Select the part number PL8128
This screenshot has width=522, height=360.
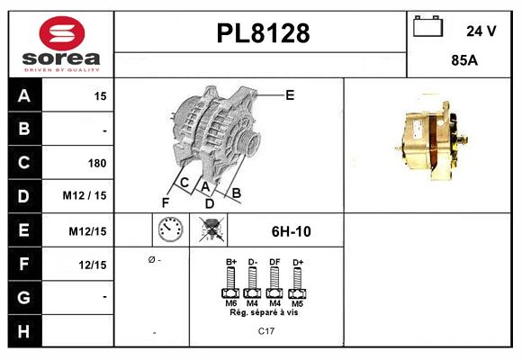coord(263,33)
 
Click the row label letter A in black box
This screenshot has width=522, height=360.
coord(23,95)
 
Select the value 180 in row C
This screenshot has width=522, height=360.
coord(97,163)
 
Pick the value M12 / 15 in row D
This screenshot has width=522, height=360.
coord(85,196)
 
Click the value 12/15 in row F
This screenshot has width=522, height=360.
coord(93,264)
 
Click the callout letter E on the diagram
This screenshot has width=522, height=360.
coord(289,94)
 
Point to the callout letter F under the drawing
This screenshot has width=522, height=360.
coord(165,202)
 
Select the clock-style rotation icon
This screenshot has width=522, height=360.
coord(170,230)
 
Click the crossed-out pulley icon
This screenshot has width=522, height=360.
coord(212,230)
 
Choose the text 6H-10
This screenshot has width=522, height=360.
coord(291,231)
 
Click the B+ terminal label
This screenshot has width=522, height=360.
coord(230,262)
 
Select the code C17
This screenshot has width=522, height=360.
coord(265,330)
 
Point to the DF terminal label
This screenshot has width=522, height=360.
coord(274,262)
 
